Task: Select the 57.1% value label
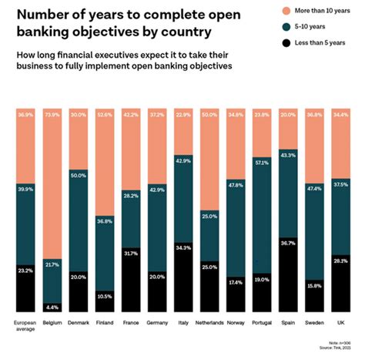point(261,163)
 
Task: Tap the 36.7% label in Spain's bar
point(287,243)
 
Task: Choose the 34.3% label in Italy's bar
point(183,247)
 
